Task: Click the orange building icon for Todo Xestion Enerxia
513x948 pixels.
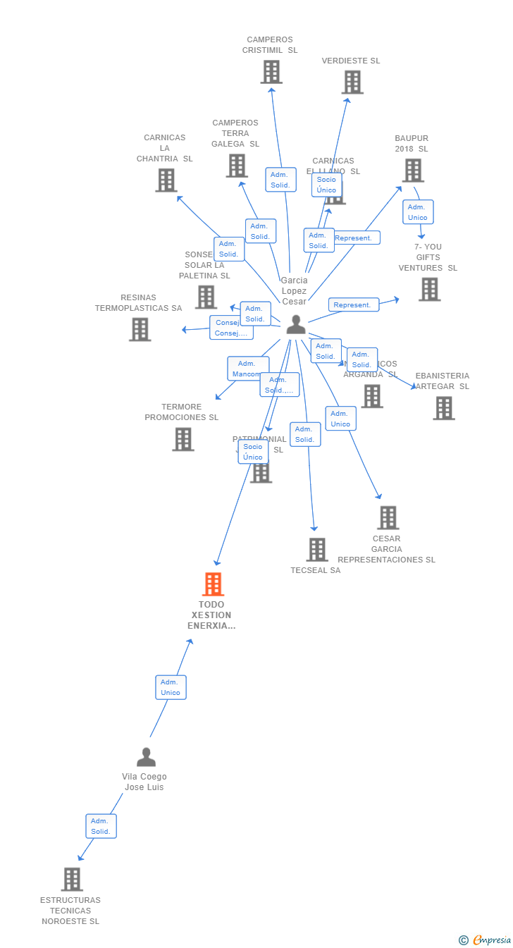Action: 213,584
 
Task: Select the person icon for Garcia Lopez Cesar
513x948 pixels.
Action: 296,324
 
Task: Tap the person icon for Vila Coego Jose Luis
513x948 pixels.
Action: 146,757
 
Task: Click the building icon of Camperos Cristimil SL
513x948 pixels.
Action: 271,72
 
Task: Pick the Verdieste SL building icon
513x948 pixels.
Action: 352,82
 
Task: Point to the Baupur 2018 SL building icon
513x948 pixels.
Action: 413,171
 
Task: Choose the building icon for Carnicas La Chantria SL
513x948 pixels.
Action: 166,180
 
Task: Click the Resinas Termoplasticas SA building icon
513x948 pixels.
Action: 140,329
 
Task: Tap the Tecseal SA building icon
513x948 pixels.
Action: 317,550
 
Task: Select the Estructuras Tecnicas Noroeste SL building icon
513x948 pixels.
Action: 72,880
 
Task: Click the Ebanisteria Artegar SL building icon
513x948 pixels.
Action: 444,408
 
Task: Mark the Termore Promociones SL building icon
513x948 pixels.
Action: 183,439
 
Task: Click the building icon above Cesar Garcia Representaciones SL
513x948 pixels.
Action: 388,518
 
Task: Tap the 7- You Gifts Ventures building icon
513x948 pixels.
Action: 429,289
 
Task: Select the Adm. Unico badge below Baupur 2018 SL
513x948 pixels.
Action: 418,212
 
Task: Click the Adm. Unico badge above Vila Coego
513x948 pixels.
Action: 171,687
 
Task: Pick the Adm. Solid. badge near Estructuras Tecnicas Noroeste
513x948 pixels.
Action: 101,826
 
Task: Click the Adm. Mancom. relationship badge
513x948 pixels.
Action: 247,369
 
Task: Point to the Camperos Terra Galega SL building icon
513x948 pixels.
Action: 237,166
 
